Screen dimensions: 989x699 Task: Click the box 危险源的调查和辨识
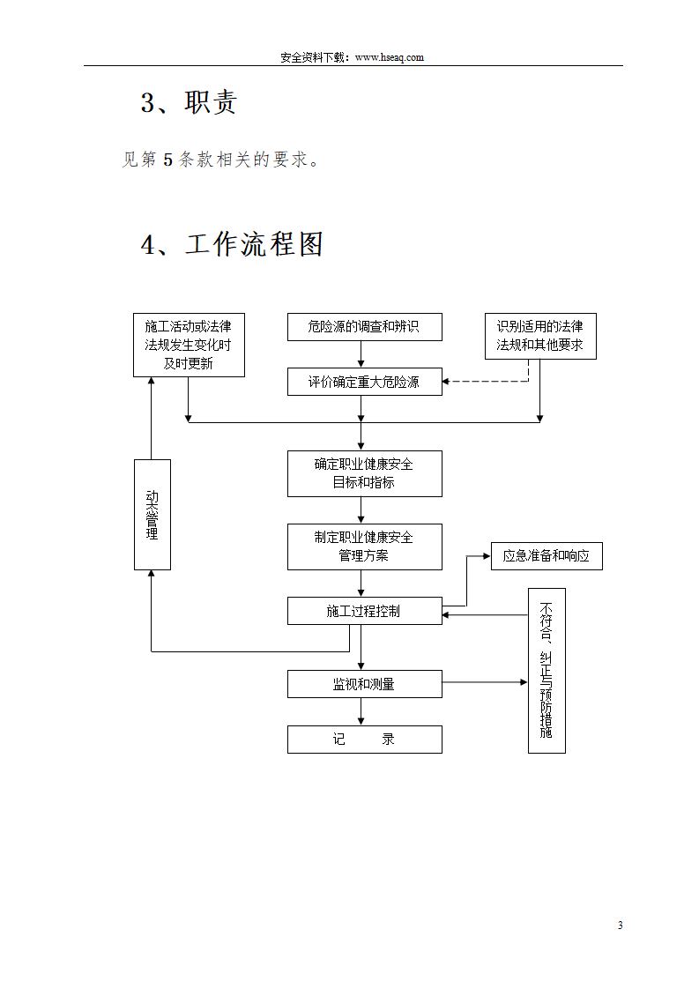tap(364, 327)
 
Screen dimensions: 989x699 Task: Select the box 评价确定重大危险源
tap(364, 382)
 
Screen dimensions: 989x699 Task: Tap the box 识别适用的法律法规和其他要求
tap(540, 336)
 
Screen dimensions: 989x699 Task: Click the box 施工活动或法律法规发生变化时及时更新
tap(189, 345)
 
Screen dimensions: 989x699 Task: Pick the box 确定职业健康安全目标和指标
tap(364, 473)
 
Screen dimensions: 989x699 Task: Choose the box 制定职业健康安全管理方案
tap(364, 547)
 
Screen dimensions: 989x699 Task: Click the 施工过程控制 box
tap(364, 611)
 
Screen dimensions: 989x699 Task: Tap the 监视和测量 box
tap(364, 684)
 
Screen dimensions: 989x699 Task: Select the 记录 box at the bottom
tap(364, 740)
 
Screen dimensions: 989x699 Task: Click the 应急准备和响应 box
tap(547, 556)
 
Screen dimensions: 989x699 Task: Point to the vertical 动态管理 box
tap(152, 514)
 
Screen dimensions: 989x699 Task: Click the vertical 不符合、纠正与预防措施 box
tap(547, 671)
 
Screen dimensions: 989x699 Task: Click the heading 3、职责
tap(189, 102)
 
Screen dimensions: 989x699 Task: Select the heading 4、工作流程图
tap(233, 244)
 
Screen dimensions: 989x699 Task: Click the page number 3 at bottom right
tap(620, 925)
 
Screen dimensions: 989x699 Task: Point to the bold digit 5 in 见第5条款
tap(167, 160)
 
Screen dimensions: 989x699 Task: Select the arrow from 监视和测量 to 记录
tap(361, 712)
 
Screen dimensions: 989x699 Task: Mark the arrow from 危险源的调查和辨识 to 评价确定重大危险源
tap(361, 354)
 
